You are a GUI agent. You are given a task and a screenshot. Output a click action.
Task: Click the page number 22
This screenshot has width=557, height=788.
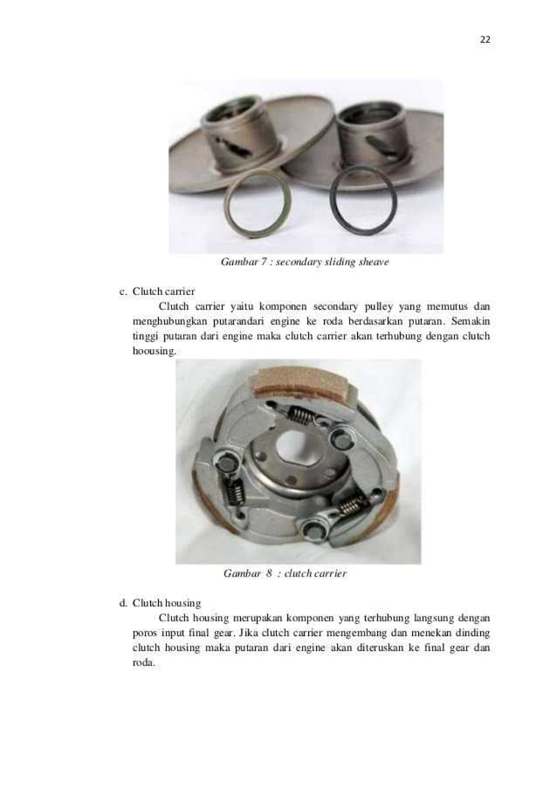(x=485, y=38)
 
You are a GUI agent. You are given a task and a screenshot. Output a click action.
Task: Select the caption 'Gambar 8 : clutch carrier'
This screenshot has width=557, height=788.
(x=285, y=573)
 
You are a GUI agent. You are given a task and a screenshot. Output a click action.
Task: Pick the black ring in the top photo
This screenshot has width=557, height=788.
(x=362, y=202)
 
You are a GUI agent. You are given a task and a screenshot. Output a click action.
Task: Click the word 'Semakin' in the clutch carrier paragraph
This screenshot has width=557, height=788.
(x=471, y=321)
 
